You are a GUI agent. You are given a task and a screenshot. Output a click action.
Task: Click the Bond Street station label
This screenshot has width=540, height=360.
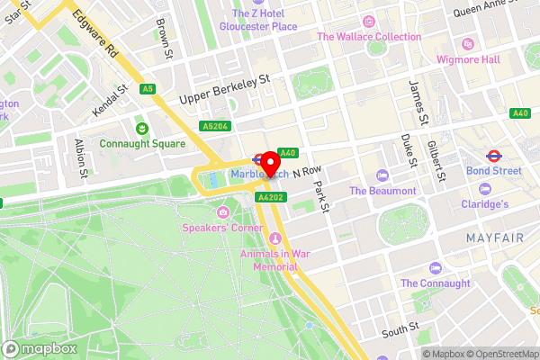click(493, 170)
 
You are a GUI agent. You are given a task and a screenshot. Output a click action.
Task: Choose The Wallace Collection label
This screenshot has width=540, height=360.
click(368, 37)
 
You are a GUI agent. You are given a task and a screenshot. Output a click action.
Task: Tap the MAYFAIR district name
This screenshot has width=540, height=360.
click(494, 237)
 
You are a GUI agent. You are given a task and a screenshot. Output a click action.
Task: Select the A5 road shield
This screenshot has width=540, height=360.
click(148, 89)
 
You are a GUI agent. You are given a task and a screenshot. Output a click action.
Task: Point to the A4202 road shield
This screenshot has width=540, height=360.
click(270, 196)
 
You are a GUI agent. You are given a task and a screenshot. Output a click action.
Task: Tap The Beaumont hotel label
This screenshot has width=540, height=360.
click(382, 191)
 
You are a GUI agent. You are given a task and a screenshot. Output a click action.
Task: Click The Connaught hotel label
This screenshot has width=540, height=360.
click(435, 283)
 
